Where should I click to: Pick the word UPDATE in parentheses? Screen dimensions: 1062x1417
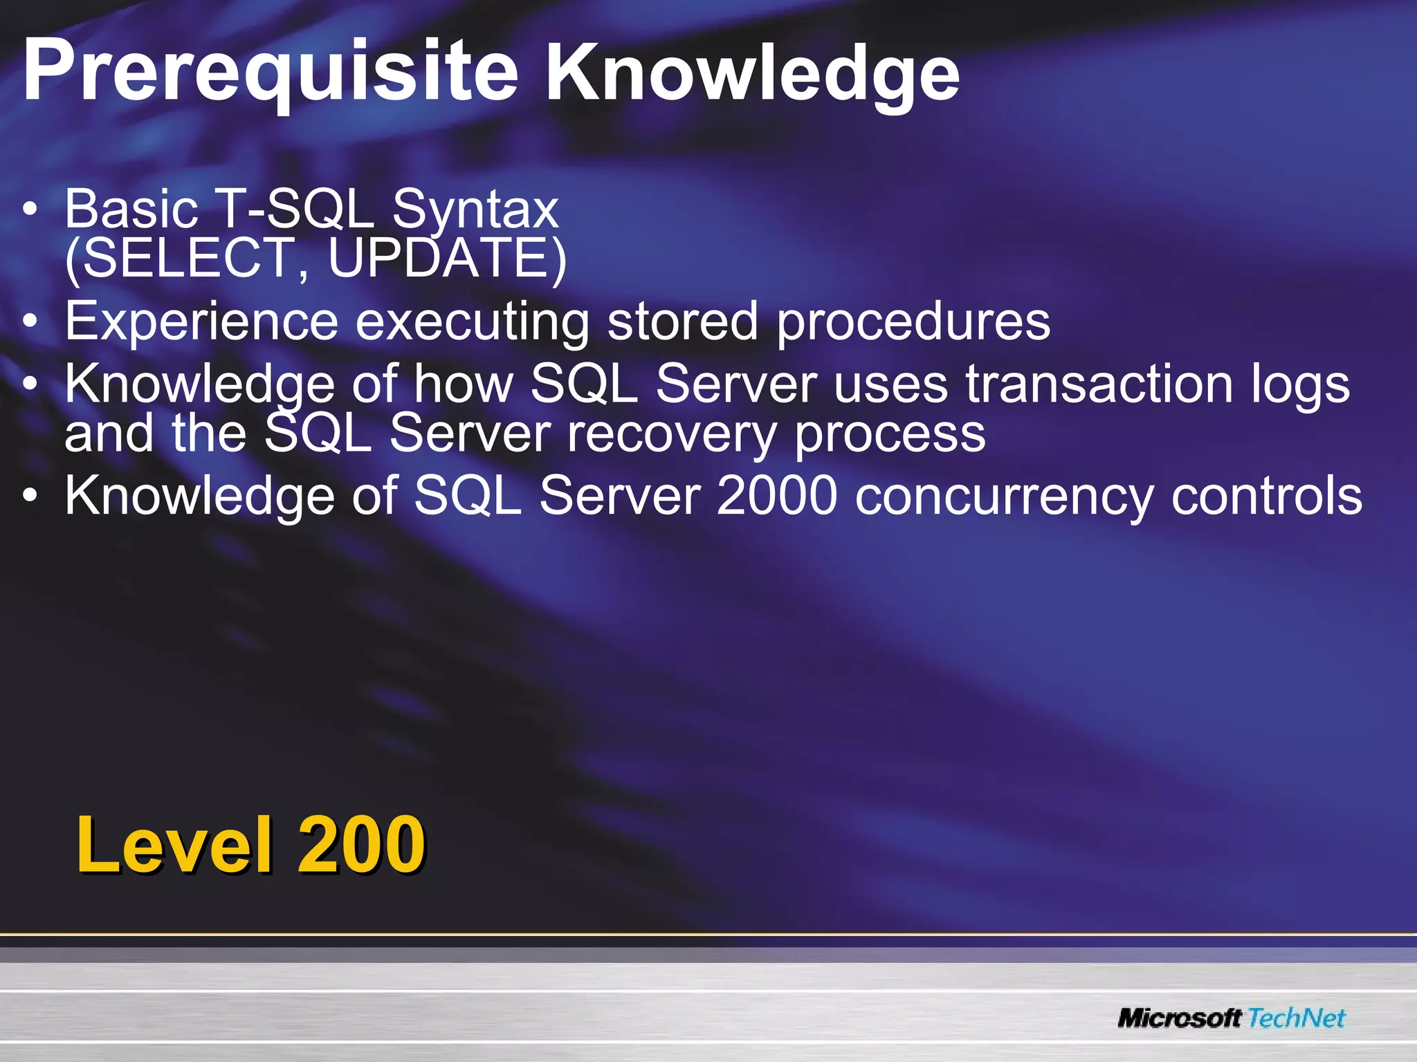pyautogui.click(x=443, y=258)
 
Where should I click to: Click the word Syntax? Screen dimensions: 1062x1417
pyautogui.click(x=475, y=209)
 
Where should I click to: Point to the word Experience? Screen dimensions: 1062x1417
pyautogui.click(x=201, y=322)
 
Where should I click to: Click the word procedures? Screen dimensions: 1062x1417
pyautogui.click(x=913, y=322)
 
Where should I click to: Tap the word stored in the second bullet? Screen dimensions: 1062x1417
pyautogui.click(x=682, y=322)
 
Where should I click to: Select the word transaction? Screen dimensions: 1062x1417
pyautogui.click(x=1099, y=384)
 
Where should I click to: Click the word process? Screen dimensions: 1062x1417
pyautogui.click(x=890, y=434)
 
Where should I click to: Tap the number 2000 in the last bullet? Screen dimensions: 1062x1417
pyautogui.click(x=777, y=496)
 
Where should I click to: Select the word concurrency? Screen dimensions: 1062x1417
pyautogui.click(x=1004, y=496)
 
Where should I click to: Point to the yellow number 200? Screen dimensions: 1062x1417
pyautogui.click(x=361, y=844)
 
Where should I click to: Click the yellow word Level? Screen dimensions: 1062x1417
pyautogui.click(x=174, y=844)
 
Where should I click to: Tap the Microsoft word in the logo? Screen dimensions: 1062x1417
pyautogui.click(x=1180, y=1018)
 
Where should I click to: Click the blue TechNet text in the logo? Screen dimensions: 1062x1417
pyautogui.click(x=1297, y=1018)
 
